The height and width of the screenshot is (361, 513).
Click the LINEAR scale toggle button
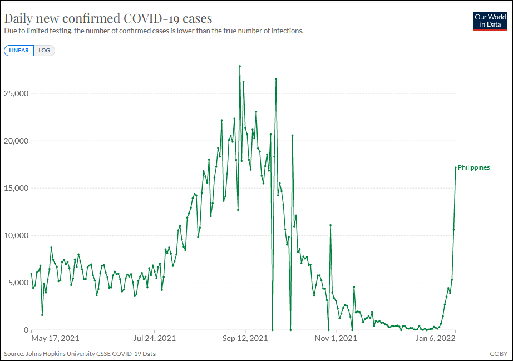(x=19, y=51)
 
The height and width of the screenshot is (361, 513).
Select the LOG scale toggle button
(x=44, y=51)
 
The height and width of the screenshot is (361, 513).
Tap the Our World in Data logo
(x=490, y=21)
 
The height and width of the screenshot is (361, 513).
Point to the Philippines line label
(x=473, y=167)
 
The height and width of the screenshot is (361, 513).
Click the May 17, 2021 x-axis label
(x=55, y=338)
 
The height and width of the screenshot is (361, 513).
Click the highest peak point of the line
(x=240, y=66)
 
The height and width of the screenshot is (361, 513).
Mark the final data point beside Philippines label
(x=456, y=167)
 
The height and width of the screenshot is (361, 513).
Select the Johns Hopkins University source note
(x=80, y=353)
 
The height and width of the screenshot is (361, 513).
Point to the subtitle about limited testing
(x=154, y=31)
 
